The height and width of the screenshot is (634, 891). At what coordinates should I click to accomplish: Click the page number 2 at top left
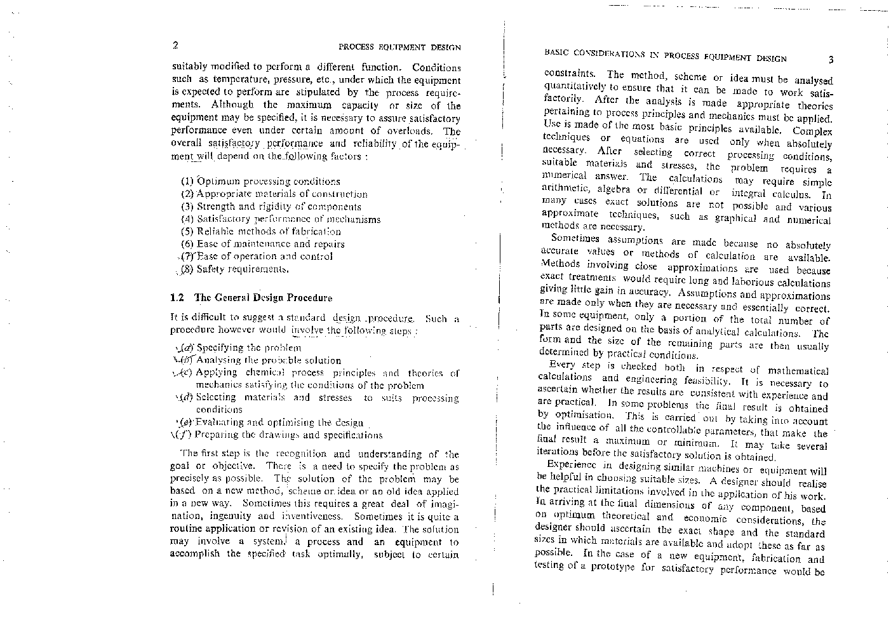coord(174,45)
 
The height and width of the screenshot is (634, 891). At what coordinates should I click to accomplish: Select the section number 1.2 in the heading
coord(177,297)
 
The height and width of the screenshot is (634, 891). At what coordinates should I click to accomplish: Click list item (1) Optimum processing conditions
coord(261,182)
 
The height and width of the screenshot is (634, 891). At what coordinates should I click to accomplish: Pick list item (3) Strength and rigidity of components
coord(271,206)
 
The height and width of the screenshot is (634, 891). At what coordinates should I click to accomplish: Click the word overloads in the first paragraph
coord(414,131)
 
